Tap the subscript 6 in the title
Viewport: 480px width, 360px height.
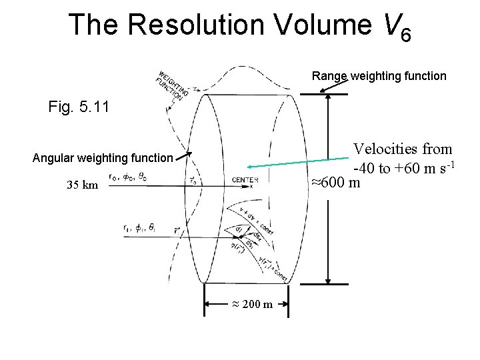(x=405, y=34)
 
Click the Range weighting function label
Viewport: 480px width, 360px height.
(x=379, y=76)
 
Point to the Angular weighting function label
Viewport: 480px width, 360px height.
(x=103, y=158)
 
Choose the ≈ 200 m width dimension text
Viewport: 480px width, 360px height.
(x=251, y=305)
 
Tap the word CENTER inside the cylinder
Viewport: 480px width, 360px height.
(x=245, y=179)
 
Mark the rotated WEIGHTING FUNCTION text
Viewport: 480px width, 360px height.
(x=170, y=85)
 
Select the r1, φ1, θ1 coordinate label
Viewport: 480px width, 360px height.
(x=139, y=227)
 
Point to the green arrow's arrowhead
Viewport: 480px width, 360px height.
(x=248, y=167)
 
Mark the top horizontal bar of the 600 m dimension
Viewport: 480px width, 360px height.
(x=328, y=95)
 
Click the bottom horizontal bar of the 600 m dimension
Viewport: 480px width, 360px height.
(x=328, y=283)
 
